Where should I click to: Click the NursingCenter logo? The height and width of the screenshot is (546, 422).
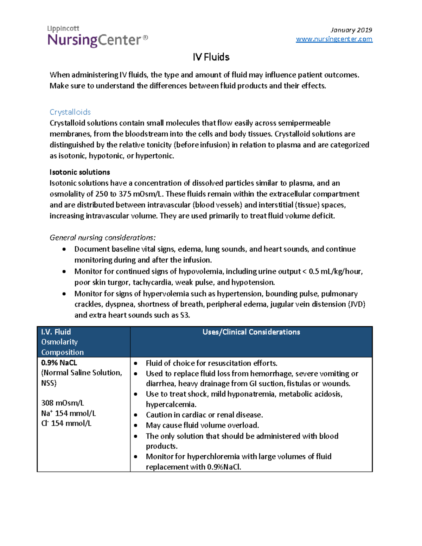pyautogui.click(x=97, y=37)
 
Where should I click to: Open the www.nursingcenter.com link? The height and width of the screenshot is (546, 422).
pyautogui.click(x=334, y=39)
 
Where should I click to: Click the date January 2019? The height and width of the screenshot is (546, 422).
pyautogui.click(x=351, y=30)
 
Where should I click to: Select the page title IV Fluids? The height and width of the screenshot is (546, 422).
pyautogui.click(x=211, y=57)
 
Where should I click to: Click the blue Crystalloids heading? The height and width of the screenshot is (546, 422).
pyautogui.click(x=70, y=112)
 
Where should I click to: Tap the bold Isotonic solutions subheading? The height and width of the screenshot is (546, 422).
pyautogui.click(x=79, y=172)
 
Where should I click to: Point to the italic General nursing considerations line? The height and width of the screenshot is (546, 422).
pyautogui.click(x=102, y=238)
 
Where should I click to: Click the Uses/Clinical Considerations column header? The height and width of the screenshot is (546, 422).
pyautogui.click(x=251, y=332)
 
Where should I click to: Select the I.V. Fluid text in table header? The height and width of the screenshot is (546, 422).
pyautogui.click(x=56, y=332)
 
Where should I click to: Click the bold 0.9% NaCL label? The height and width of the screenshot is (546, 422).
pyautogui.click(x=59, y=363)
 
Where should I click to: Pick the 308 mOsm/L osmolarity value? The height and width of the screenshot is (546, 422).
pyautogui.click(x=62, y=403)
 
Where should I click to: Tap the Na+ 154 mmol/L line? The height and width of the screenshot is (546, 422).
pyautogui.click(x=68, y=413)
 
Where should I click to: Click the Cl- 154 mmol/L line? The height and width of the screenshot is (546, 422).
pyautogui.click(x=66, y=423)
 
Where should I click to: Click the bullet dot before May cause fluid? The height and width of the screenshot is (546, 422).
pyautogui.click(x=136, y=425)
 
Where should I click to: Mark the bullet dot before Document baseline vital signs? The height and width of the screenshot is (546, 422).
pyautogui.click(x=64, y=249)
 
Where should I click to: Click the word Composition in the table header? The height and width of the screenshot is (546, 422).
pyautogui.click(x=62, y=352)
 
